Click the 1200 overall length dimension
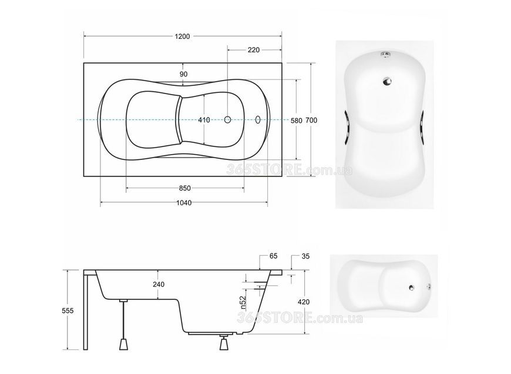click(x=182, y=36)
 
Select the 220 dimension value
click(x=254, y=50)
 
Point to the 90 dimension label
click(x=183, y=74)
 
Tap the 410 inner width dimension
click(x=204, y=120)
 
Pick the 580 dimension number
click(x=296, y=121)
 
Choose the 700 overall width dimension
click(x=311, y=121)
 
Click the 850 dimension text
click(x=185, y=188)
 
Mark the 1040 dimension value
click(x=184, y=203)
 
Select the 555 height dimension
click(x=68, y=311)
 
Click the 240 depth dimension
click(x=159, y=285)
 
